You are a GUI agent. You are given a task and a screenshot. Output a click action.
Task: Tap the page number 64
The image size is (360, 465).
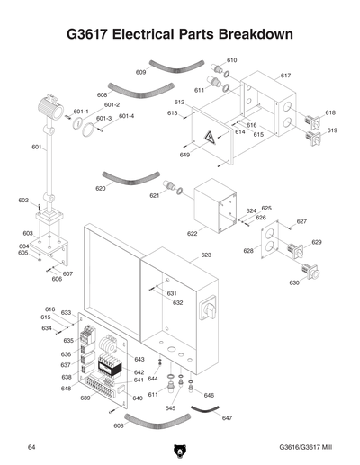click(31, 447)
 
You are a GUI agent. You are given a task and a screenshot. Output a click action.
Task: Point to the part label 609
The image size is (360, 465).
click(141, 72)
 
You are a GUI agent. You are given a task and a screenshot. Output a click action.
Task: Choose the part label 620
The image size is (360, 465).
click(101, 189)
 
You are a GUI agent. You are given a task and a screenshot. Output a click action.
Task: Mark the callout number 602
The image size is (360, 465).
click(23, 201)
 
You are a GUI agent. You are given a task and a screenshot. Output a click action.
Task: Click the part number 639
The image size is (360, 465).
click(85, 398)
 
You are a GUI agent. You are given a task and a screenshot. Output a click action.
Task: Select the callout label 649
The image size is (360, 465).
click(184, 156)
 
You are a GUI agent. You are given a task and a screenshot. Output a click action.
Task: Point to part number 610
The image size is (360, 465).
click(231, 60)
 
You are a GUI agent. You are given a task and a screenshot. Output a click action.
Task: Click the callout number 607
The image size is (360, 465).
click(67, 273)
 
